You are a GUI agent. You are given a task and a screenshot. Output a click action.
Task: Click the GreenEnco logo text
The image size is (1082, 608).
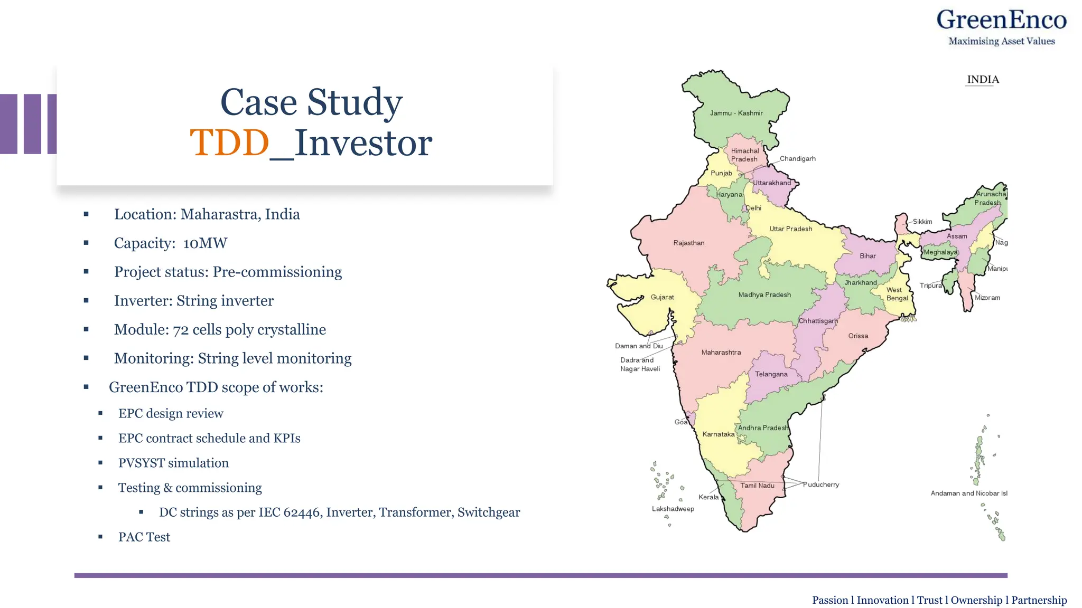(1001, 20)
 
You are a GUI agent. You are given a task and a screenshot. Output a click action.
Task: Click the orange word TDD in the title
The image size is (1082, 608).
(230, 142)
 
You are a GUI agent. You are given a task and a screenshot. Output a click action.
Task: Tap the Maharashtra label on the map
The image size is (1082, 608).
(721, 353)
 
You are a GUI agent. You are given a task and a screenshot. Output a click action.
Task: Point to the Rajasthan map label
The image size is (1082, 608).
(689, 243)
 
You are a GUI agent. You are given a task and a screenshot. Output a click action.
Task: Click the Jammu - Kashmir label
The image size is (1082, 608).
(736, 113)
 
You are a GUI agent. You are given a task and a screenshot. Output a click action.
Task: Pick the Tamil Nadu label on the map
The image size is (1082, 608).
(757, 486)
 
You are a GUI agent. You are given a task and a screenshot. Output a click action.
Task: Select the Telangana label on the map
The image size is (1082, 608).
(771, 374)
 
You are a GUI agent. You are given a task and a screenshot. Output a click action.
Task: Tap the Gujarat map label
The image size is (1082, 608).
(662, 298)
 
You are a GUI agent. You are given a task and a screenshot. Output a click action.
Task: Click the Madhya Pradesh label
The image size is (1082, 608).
(764, 295)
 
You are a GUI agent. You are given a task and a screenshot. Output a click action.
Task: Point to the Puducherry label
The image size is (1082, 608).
(821, 485)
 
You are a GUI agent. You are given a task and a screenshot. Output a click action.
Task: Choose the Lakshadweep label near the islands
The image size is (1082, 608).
(673, 509)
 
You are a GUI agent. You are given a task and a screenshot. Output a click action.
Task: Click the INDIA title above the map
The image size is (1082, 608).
(983, 80)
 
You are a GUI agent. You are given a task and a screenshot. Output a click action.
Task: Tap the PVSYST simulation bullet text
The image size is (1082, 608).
(173, 463)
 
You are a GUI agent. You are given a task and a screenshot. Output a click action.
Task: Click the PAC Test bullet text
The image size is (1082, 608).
(144, 537)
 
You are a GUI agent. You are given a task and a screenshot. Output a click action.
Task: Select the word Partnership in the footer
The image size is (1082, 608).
(1039, 600)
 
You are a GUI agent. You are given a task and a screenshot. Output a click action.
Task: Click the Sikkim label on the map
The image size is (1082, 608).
(922, 222)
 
